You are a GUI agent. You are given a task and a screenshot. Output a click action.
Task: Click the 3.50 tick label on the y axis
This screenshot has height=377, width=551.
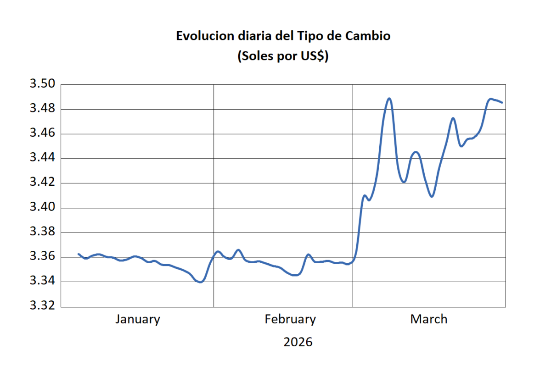pos(42,84)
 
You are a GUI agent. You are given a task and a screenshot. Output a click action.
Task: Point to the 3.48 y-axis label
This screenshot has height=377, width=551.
pos(42,109)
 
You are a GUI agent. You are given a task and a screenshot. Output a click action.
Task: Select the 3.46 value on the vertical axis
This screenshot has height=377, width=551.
pos(42,134)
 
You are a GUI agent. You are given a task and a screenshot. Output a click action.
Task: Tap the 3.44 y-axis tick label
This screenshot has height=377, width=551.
pos(42,158)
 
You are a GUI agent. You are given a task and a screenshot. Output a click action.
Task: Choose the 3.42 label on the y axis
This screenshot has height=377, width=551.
pos(42,183)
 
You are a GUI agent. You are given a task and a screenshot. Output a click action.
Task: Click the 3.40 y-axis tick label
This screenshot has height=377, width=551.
pos(42,208)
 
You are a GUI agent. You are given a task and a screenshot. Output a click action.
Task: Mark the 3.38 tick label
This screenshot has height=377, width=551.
pos(42,233)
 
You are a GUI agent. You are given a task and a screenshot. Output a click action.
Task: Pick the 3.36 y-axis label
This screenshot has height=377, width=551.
pos(42,257)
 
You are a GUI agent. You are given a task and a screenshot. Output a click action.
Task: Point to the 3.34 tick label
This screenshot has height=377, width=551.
pos(42,282)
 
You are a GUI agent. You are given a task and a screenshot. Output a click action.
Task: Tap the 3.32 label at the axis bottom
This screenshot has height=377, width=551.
pos(42,306)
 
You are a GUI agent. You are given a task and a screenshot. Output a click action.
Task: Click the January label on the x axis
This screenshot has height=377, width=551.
pos(137,319)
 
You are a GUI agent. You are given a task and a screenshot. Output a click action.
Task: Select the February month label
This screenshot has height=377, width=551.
pos(290,319)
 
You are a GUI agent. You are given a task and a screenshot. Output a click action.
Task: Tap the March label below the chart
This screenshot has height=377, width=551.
pos(428,319)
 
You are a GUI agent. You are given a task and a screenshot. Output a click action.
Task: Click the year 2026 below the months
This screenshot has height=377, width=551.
pos(298,342)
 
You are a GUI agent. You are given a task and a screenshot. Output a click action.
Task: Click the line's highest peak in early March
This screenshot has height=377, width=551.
pos(389,98)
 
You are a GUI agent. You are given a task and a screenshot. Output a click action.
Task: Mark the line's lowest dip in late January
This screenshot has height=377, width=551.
pos(200,282)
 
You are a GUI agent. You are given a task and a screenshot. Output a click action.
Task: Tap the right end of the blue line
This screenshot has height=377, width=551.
pos(502,102)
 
